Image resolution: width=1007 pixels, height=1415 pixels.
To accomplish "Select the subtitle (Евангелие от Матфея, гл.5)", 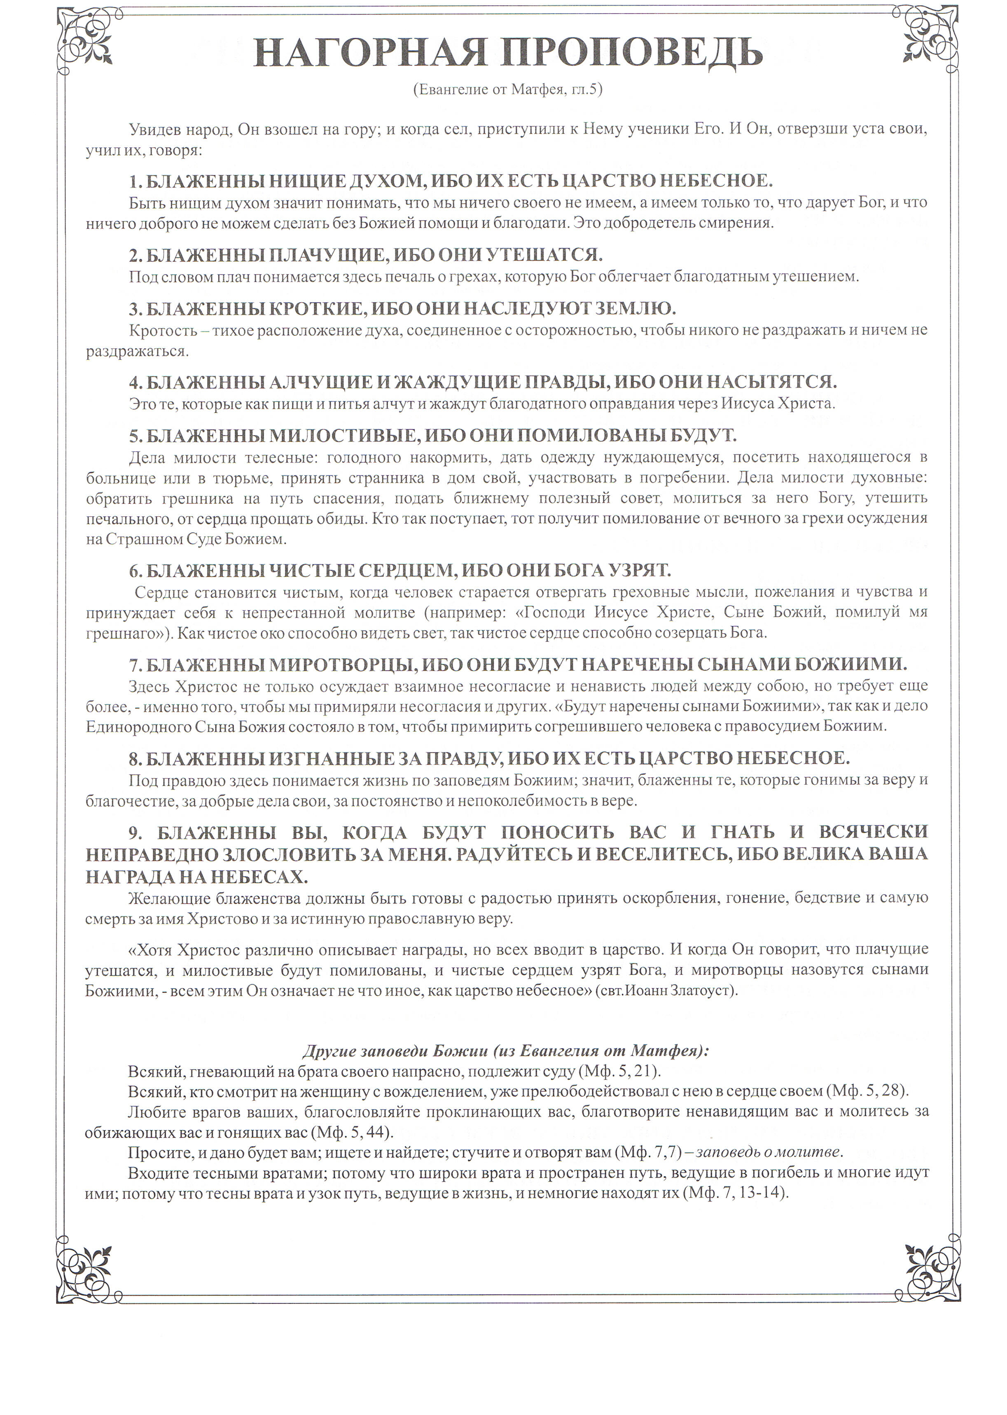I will point(507,90).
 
